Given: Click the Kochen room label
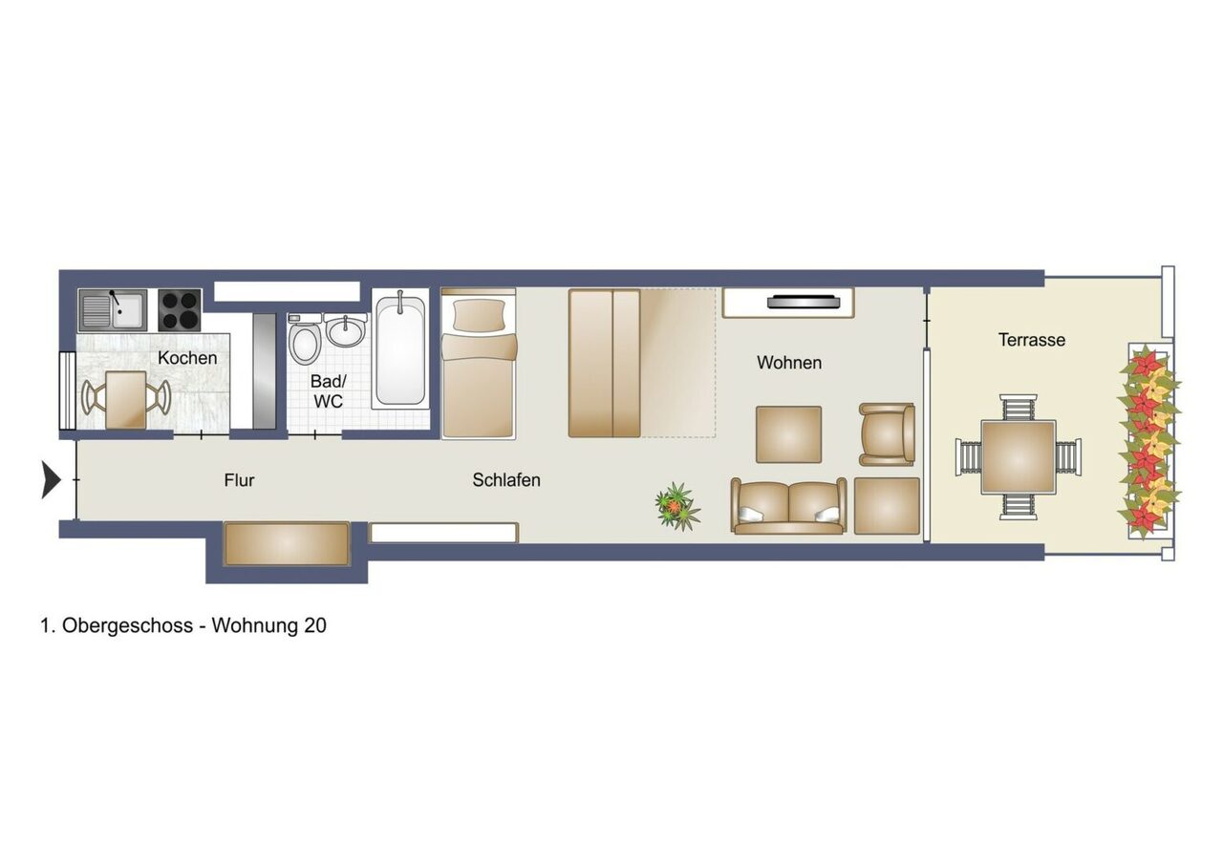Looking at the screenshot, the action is pos(187,358).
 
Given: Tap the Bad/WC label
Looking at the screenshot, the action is pos(328,390).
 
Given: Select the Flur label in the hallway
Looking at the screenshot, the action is pos(239,480).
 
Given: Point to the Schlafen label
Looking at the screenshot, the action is pos(506,480).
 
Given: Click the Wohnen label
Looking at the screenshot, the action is pos(789,363).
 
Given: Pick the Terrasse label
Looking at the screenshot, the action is pos(1032,340).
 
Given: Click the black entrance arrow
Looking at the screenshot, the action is pos(52,479).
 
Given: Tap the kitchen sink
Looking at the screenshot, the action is pos(113,310).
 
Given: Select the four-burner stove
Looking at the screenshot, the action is pos(180,310).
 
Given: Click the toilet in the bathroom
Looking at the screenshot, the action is pos(304,340).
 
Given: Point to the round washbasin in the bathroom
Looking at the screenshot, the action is pos(345,331).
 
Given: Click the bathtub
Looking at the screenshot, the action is pos(400,349).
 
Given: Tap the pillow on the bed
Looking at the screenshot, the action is pos(479,315).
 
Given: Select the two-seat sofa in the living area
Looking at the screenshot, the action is pos(788,506).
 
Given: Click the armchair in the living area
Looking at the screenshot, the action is pos(888,434).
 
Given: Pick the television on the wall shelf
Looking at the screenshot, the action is pos(803,301).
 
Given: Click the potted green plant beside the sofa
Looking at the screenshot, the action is pos(677,506).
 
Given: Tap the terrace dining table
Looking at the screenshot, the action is pos(1019,457).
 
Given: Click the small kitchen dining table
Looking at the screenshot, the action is pos(126,400).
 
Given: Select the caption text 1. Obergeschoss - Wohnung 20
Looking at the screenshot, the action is pos(183,625).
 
